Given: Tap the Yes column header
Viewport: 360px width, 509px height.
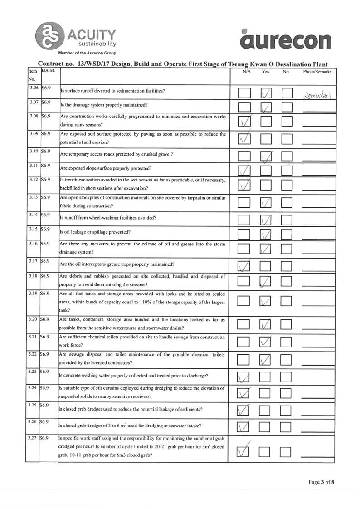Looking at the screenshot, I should click(x=266, y=72).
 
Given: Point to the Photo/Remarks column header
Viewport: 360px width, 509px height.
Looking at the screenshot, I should click(x=317, y=72).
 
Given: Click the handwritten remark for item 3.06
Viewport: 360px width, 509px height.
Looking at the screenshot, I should click(x=316, y=95).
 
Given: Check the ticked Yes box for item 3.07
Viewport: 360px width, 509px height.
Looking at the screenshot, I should click(x=266, y=108).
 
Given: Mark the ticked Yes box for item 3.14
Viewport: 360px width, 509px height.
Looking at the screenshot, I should click(x=266, y=220).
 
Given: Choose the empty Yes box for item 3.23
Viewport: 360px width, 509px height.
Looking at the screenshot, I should click(x=266, y=376).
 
